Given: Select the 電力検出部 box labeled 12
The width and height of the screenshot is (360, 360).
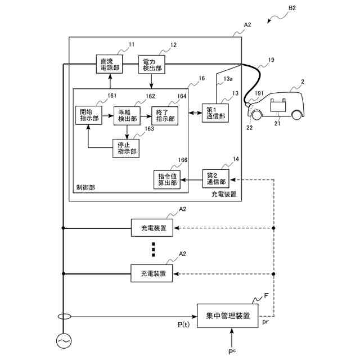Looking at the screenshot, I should [x=151, y=64].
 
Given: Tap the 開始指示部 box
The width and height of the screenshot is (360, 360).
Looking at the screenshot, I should [x=87, y=114].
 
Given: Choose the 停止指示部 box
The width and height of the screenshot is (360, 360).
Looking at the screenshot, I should [x=125, y=147].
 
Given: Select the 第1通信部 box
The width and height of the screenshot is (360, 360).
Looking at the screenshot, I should [x=215, y=113].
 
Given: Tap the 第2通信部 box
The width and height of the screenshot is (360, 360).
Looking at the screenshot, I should [x=215, y=179].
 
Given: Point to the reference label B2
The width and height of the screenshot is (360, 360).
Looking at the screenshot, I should [x=292, y=8].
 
